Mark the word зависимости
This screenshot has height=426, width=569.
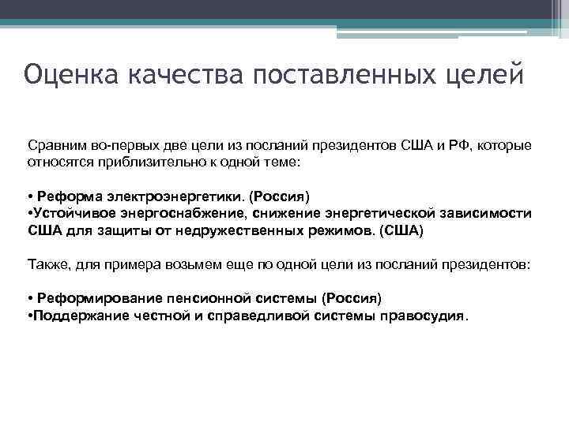(x=485, y=214)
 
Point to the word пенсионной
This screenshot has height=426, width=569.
(x=210, y=298)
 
